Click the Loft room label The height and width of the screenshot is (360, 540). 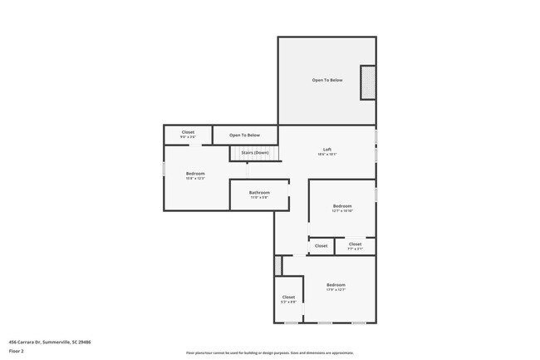point(327,150)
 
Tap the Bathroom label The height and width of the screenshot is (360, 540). point(259,193)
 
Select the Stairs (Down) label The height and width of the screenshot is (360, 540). point(254,153)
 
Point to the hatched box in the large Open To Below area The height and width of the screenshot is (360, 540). point(366,82)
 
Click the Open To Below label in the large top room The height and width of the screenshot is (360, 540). point(327,81)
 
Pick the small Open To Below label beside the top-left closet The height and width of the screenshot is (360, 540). point(244,135)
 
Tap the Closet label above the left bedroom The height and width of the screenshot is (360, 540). point(188,132)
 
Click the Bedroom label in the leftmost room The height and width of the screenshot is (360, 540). point(195,173)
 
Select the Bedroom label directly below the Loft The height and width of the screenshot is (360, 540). point(342,205)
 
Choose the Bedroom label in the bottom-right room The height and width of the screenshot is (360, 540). point(336,285)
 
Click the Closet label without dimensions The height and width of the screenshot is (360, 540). point(321,245)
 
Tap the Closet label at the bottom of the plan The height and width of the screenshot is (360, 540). point(288,297)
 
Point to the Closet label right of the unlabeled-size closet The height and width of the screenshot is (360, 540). point(355,244)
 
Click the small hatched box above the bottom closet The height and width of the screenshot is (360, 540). point(278,264)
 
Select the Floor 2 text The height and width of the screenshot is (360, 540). point(17,351)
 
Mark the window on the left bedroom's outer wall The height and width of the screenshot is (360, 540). point(163,169)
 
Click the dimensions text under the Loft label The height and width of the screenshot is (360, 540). point(327,155)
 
